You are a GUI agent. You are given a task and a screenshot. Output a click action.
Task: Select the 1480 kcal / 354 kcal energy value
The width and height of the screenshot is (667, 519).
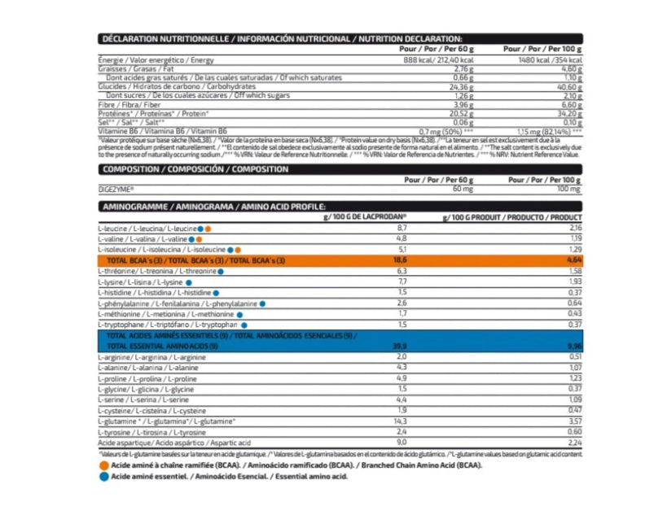(x=551, y=60)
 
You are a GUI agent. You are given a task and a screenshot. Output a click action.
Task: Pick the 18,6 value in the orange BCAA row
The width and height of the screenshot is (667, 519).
(x=399, y=260)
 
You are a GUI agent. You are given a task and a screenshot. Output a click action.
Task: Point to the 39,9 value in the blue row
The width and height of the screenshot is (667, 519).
(x=399, y=346)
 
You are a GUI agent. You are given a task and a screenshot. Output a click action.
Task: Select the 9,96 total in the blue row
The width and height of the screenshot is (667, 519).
(x=574, y=346)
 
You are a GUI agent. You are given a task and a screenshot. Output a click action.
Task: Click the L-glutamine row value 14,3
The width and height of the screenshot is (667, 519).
(x=400, y=421)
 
